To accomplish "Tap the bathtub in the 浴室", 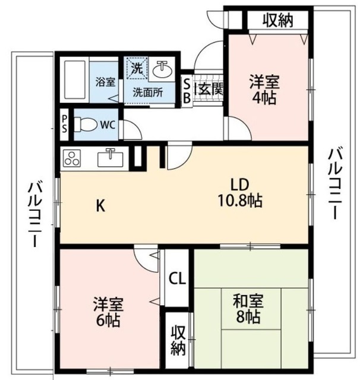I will pyautogui.click(x=75, y=81).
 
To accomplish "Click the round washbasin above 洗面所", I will pyautogui.click(x=161, y=70).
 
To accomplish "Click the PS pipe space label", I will pyautogui.click(x=64, y=125).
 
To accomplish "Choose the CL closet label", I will pyautogui.click(x=176, y=277).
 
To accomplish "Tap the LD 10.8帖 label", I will pyautogui.click(x=239, y=192).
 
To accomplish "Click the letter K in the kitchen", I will pyautogui.click(x=101, y=206).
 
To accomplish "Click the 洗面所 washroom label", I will pyautogui.click(x=147, y=92).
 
